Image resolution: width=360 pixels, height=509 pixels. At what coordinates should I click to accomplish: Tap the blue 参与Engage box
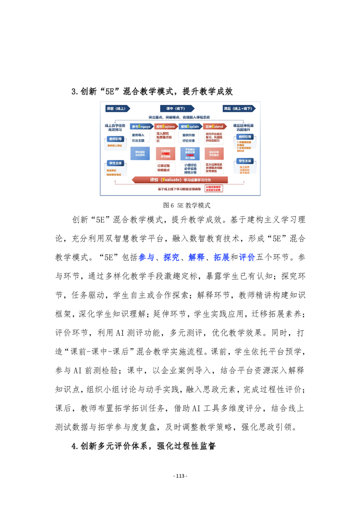(x=141, y=126)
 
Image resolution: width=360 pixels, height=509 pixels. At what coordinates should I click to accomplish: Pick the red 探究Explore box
(x=165, y=126)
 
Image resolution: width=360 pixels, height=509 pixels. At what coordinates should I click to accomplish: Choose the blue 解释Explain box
(x=190, y=126)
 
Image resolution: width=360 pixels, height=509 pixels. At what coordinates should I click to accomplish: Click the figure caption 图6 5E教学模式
(x=180, y=205)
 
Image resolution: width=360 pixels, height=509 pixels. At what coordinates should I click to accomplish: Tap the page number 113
(x=180, y=476)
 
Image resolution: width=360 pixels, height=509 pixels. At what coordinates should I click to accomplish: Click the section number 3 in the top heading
(x=74, y=92)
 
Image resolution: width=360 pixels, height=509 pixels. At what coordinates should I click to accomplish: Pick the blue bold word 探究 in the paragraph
(x=170, y=258)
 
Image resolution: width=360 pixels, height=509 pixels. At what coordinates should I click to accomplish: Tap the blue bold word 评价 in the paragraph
(x=247, y=258)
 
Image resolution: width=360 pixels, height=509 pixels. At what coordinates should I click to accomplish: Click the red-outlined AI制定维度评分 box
(x=213, y=187)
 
